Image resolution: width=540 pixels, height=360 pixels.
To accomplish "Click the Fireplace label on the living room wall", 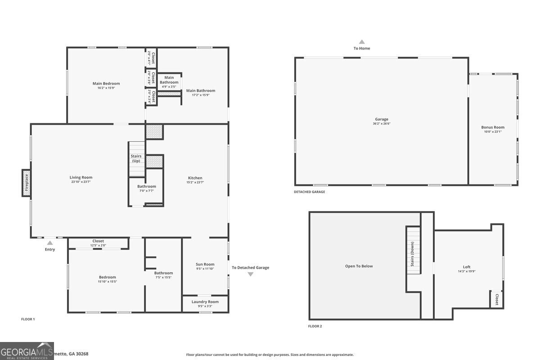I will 27,183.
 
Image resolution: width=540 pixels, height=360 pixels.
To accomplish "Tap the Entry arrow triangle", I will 50,243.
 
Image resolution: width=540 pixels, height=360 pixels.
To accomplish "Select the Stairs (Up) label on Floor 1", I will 136,158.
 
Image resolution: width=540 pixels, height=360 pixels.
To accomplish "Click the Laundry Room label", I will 205,301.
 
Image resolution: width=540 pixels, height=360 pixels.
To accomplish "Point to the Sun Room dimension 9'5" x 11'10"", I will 205,269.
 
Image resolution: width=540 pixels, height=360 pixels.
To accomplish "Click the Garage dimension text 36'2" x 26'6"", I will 381,123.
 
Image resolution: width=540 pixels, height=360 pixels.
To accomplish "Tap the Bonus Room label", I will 493,127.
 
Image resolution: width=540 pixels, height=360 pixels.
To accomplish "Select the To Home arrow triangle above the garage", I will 361,41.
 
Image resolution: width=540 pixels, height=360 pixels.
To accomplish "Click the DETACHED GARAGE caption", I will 309,192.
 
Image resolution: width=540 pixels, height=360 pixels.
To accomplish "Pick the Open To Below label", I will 359,266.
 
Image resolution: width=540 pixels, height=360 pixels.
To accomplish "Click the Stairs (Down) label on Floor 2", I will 412,254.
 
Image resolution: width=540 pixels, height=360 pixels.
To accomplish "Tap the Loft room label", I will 467,267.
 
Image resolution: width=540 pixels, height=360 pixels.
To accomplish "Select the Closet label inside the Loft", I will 497,300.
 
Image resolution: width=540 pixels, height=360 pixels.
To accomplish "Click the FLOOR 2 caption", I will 315,326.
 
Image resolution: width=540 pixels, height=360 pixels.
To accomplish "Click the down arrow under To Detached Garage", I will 251,274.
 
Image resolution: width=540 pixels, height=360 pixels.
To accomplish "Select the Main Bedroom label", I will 106,83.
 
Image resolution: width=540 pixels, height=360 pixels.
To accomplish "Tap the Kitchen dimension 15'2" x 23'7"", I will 195,182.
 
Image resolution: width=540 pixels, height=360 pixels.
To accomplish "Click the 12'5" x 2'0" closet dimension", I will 98,245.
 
